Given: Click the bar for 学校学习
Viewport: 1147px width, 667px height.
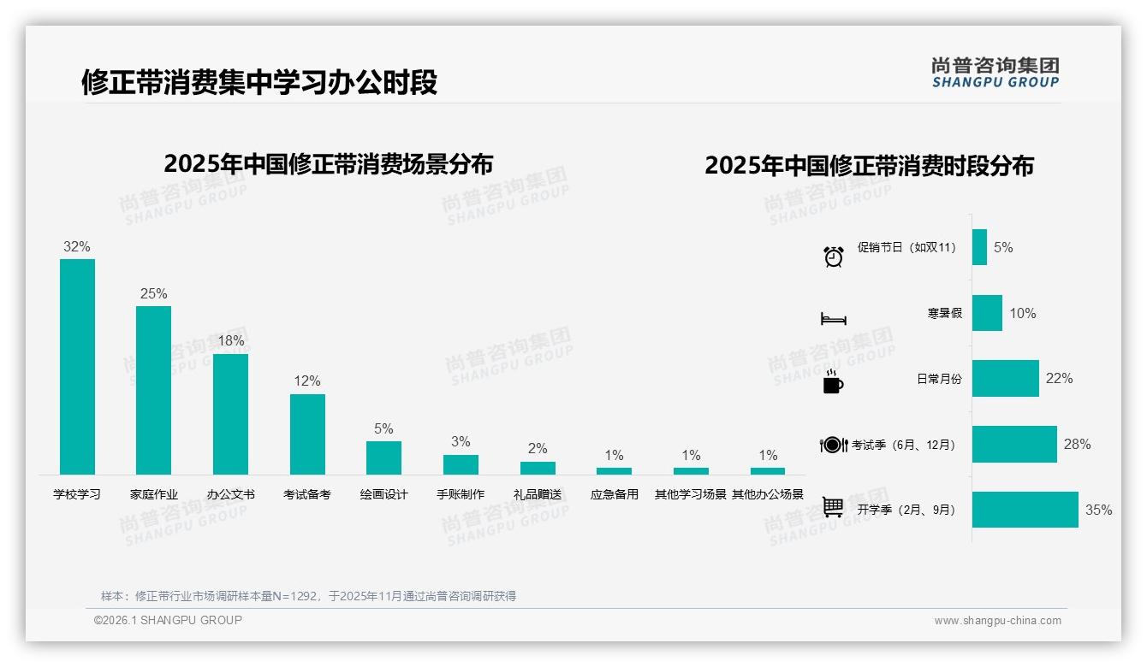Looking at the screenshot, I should pos(77,367).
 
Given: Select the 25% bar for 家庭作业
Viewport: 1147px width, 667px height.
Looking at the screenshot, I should pos(153,390).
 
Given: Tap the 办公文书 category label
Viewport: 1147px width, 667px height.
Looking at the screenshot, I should pos(230,494).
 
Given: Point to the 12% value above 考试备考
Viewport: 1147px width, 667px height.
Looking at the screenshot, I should pos(307,381).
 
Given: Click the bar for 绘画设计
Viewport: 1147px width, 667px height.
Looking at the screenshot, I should pos(383,457).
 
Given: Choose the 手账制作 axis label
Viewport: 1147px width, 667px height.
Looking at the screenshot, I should pos(461,494).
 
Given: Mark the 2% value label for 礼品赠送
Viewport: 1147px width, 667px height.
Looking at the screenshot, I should pos(538,448).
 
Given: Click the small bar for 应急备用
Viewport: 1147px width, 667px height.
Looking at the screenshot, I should pos(614,471).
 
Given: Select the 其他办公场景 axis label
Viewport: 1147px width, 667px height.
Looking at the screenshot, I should pos(768,494).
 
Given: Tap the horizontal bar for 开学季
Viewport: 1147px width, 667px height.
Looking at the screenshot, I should pos(1025,510).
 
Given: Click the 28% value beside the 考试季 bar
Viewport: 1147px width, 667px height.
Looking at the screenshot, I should pos(1077,444).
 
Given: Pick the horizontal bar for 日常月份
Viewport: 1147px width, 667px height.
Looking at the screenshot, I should pos(1005,378).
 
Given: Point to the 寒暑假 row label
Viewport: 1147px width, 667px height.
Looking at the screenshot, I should pos(944,313).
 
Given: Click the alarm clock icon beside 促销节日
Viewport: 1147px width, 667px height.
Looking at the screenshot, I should pos(834,256).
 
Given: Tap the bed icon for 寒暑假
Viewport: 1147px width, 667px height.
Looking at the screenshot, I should pos(833,319).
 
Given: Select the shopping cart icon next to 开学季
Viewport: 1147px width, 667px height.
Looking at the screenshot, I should pos(833,507).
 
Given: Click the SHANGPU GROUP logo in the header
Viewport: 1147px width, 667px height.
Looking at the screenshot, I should pos(995,73).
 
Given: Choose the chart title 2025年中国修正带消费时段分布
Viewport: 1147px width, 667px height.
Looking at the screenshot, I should pos(869,165).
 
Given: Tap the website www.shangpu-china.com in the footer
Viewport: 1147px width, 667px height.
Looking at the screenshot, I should pos(997,621).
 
